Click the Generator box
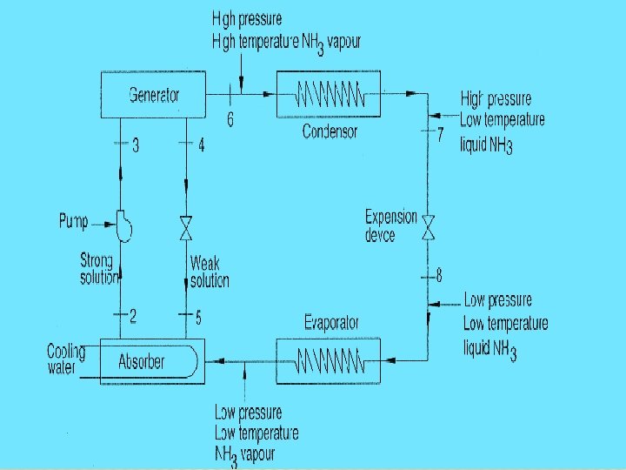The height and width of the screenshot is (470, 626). (153, 95)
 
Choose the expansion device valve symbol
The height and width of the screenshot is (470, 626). (429, 228)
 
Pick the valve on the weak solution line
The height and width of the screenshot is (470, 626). (186, 229)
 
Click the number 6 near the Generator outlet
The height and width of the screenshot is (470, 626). (230, 120)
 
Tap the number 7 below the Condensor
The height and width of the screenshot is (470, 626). (441, 134)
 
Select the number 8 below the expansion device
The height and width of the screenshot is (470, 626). (439, 276)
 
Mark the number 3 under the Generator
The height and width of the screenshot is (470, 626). (136, 145)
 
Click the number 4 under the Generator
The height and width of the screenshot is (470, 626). (202, 145)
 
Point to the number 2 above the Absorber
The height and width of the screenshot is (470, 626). (133, 317)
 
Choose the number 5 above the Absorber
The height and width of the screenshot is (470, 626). (199, 317)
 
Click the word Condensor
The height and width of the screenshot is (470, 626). (330, 131)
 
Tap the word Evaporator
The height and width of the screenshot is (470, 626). (331, 322)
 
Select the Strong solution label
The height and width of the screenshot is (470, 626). (97, 268)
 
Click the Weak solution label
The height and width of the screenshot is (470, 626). (210, 272)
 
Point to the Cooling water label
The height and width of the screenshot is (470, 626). (66, 359)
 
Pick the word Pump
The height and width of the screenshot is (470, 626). (74, 222)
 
